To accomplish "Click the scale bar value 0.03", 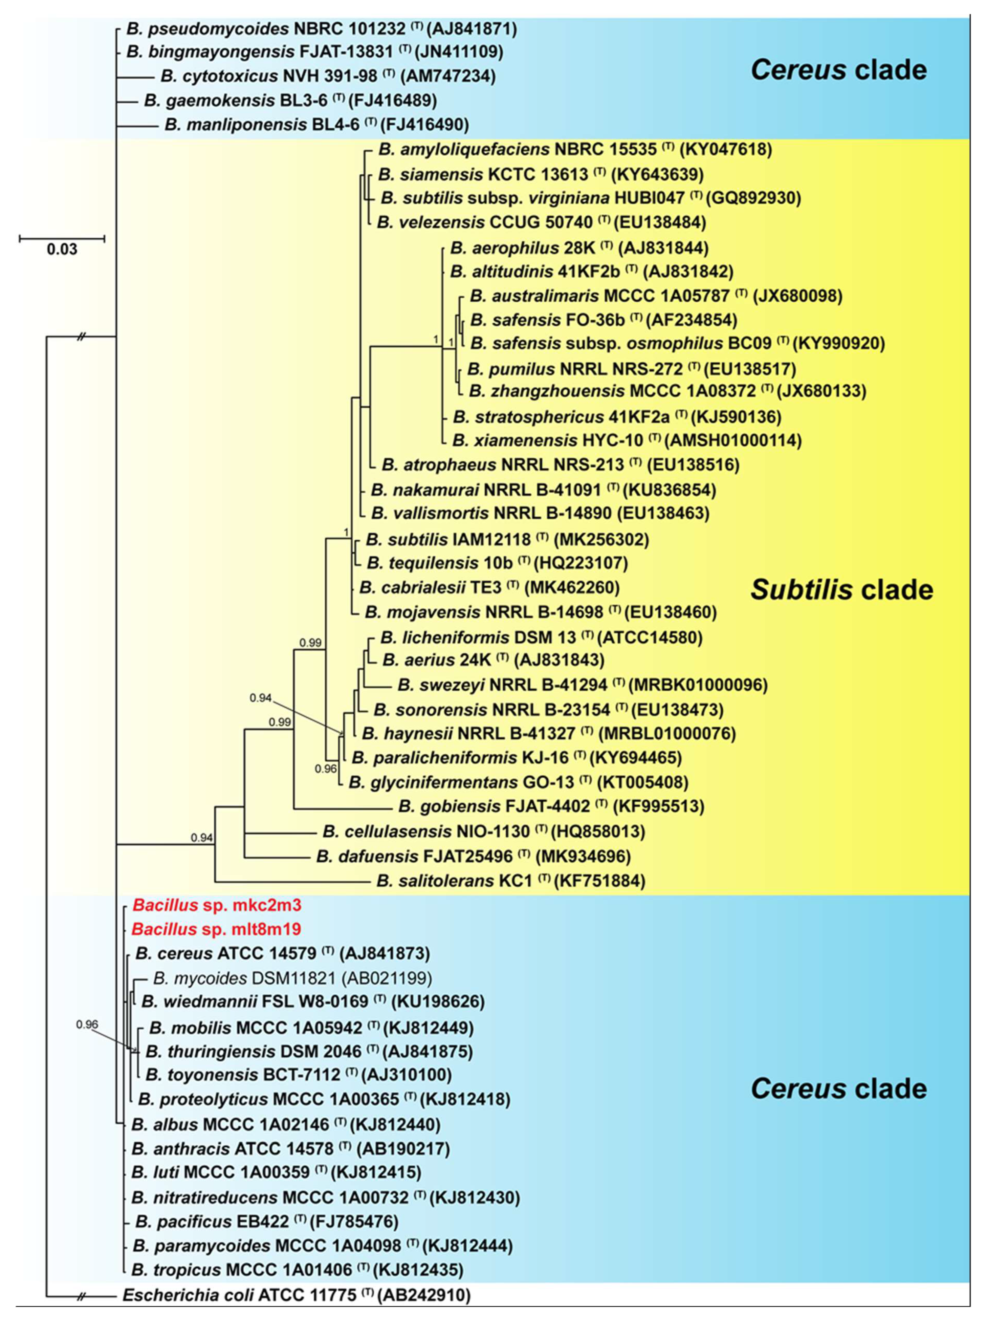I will click(x=62, y=250).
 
